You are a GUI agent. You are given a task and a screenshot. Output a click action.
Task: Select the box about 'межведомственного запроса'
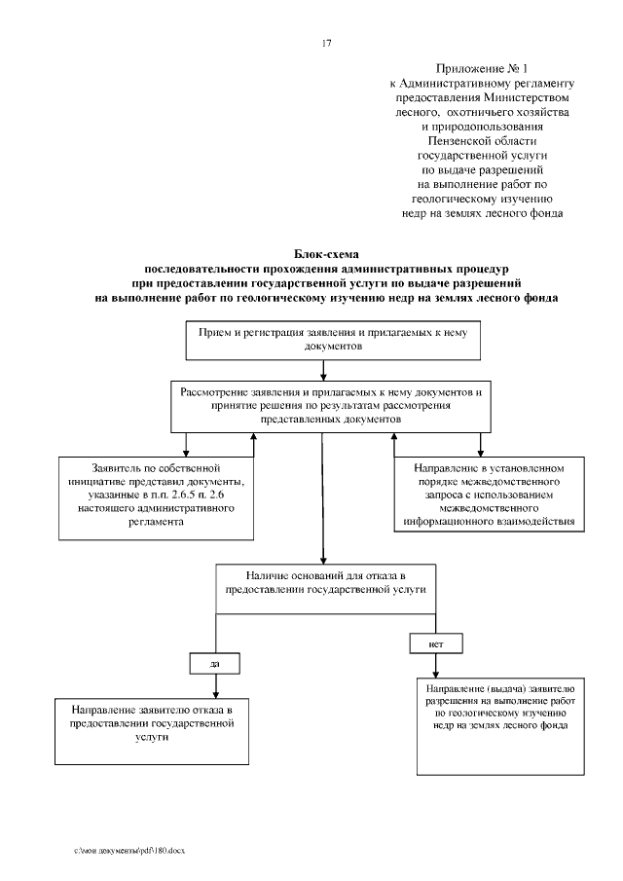tap(484, 496)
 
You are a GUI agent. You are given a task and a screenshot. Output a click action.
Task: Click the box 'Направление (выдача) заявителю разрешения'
tap(503, 725)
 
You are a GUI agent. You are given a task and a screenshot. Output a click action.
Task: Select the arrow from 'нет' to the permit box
tap(434, 664)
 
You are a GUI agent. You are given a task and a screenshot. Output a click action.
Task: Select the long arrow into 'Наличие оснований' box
tap(322, 496)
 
